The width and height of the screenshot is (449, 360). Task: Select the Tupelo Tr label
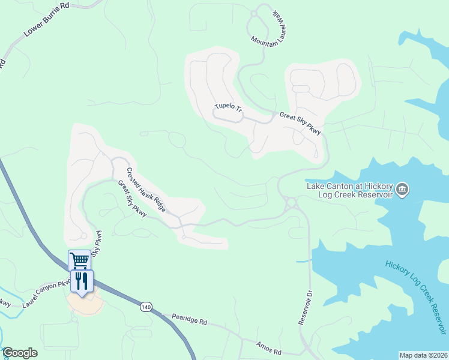pyautogui.click(x=228, y=109)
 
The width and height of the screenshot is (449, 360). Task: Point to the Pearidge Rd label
pyautogui.click(x=189, y=319)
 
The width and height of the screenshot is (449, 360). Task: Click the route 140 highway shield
pyautogui.click(x=146, y=307)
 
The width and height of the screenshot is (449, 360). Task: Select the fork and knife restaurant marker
pyautogui.click(x=82, y=281)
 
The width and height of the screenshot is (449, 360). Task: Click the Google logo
pyautogui.click(x=20, y=353)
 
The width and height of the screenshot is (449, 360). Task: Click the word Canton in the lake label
pyautogui.click(x=340, y=185)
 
